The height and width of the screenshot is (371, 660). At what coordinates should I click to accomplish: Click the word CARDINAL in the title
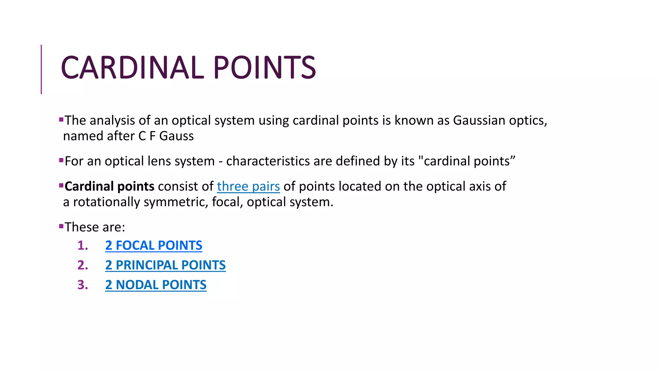[x=132, y=68]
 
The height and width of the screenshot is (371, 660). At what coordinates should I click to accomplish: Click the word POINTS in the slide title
[x=264, y=68]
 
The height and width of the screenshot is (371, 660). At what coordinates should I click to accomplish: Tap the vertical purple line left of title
[x=41, y=69]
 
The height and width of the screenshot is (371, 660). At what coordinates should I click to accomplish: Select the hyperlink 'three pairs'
[x=248, y=186]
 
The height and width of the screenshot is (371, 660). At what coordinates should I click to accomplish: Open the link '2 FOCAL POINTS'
[x=153, y=245]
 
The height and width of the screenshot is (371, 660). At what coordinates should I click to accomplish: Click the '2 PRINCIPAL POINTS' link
[x=165, y=265]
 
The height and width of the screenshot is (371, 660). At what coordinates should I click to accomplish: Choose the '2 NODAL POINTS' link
[x=156, y=285]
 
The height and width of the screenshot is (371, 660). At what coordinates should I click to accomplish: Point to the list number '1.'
[x=82, y=245]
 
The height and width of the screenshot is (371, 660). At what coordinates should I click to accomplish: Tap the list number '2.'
[x=82, y=265]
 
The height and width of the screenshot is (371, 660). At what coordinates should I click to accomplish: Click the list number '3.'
[x=82, y=285]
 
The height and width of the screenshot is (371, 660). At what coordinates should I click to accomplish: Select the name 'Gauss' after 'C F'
[x=176, y=136]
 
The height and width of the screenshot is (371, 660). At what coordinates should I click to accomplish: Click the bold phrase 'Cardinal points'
[x=109, y=186]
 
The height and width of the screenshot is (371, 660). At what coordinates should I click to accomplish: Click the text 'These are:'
[x=95, y=227]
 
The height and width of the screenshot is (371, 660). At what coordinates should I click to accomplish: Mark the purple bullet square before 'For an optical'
[x=61, y=160]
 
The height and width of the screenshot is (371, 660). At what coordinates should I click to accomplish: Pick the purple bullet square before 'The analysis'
[x=61, y=120]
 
